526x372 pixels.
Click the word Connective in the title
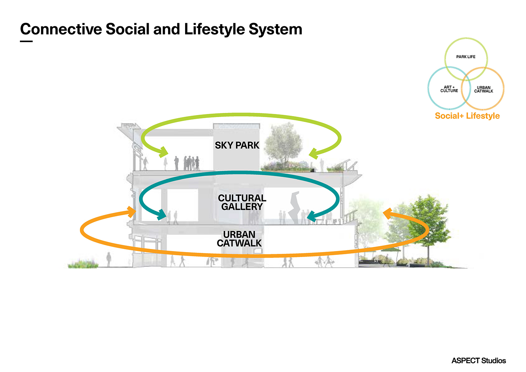[61, 29]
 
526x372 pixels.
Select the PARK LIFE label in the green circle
[466, 56]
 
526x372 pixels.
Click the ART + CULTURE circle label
[449, 89]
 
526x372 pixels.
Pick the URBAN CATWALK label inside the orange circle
[484, 89]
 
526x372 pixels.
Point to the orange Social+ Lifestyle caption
[467, 116]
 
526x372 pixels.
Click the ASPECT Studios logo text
[479, 360]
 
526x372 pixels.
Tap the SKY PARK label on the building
[237, 145]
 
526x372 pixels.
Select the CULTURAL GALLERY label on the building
[242, 202]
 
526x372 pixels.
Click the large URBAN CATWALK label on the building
[239, 239]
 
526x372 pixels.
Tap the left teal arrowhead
[162, 215]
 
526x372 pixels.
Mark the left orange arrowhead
[131, 212]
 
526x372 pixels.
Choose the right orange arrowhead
[388, 214]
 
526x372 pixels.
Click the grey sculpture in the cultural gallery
[294, 208]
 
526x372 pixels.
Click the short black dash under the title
[26, 41]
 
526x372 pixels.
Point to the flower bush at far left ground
[83, 264]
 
